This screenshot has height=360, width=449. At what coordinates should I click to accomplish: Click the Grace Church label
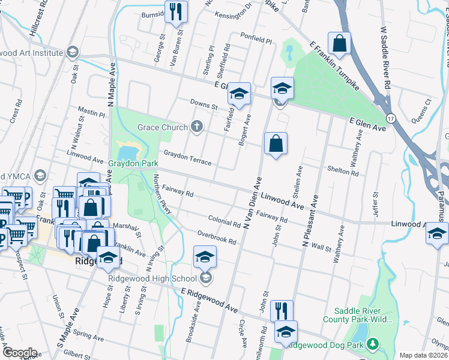point(163,127)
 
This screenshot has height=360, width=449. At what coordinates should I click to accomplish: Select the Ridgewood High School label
point(152,278)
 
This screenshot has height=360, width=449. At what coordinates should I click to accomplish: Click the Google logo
point(19,353)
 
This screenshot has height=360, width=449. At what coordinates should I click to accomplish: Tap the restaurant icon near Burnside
point(176,11)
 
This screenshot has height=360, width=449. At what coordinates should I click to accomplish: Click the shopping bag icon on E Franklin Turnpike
point(339,43)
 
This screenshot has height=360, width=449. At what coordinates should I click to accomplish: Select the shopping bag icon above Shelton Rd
point(276,143)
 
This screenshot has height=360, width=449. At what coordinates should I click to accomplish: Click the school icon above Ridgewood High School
point(205,257)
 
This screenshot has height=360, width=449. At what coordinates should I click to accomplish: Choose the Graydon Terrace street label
point(187,158)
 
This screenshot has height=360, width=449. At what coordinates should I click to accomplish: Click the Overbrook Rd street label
point(217,237)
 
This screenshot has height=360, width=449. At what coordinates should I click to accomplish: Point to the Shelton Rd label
point(343,171)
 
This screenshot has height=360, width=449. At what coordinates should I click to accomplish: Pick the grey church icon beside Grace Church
point(196,127)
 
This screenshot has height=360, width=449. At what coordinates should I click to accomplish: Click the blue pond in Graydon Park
point(128,149)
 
